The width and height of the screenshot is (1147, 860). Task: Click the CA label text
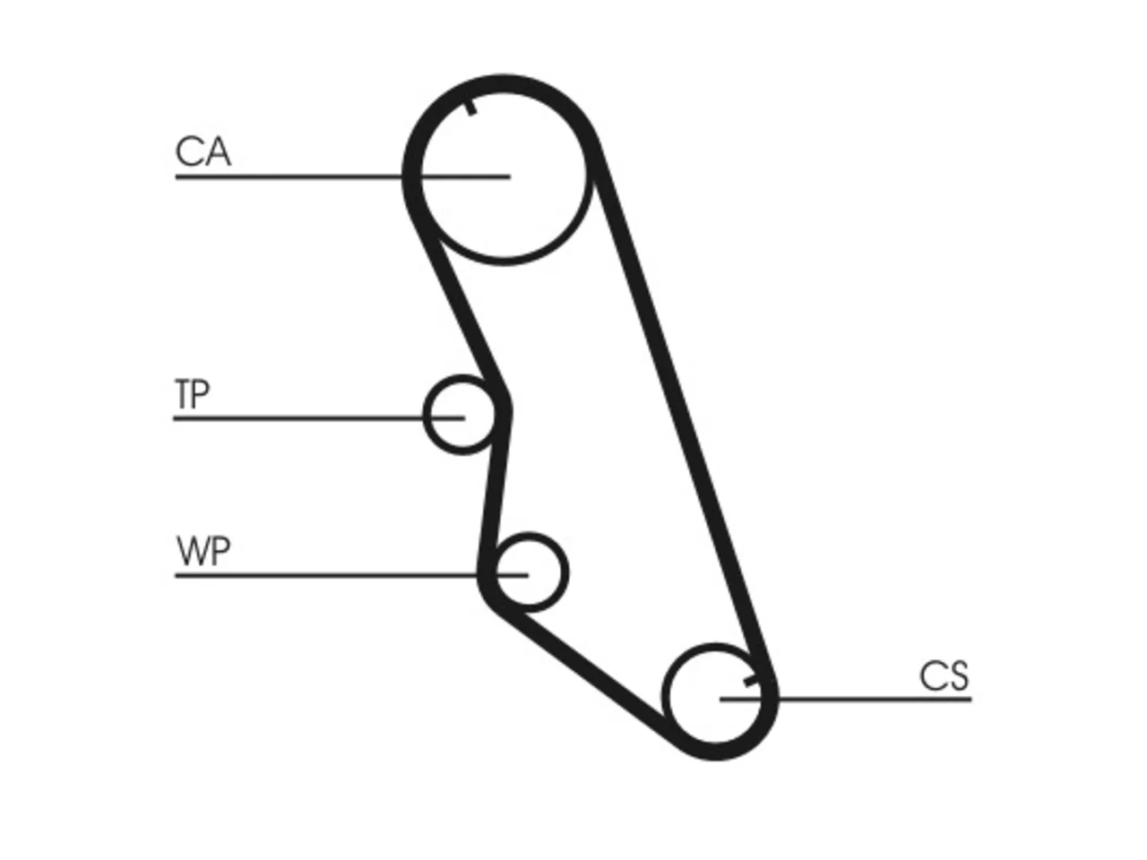point(203,151)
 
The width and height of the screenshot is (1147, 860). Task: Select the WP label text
point(203,551)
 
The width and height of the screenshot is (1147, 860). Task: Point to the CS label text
point(944,676)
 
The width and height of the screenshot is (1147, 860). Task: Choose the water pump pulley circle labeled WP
point(566,572)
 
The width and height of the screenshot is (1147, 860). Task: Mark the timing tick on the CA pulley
point(470,107)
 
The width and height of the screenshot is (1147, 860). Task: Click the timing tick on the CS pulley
point(752,681)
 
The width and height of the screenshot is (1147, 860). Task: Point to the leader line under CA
point(343,177)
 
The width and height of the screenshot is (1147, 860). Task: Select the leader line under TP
point(319,418)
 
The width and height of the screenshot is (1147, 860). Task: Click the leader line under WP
point(351,575)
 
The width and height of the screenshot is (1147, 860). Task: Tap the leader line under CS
point(846,699)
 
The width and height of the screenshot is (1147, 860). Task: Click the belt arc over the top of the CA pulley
point(502,84)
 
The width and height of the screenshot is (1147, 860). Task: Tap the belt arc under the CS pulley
point(716,751)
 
